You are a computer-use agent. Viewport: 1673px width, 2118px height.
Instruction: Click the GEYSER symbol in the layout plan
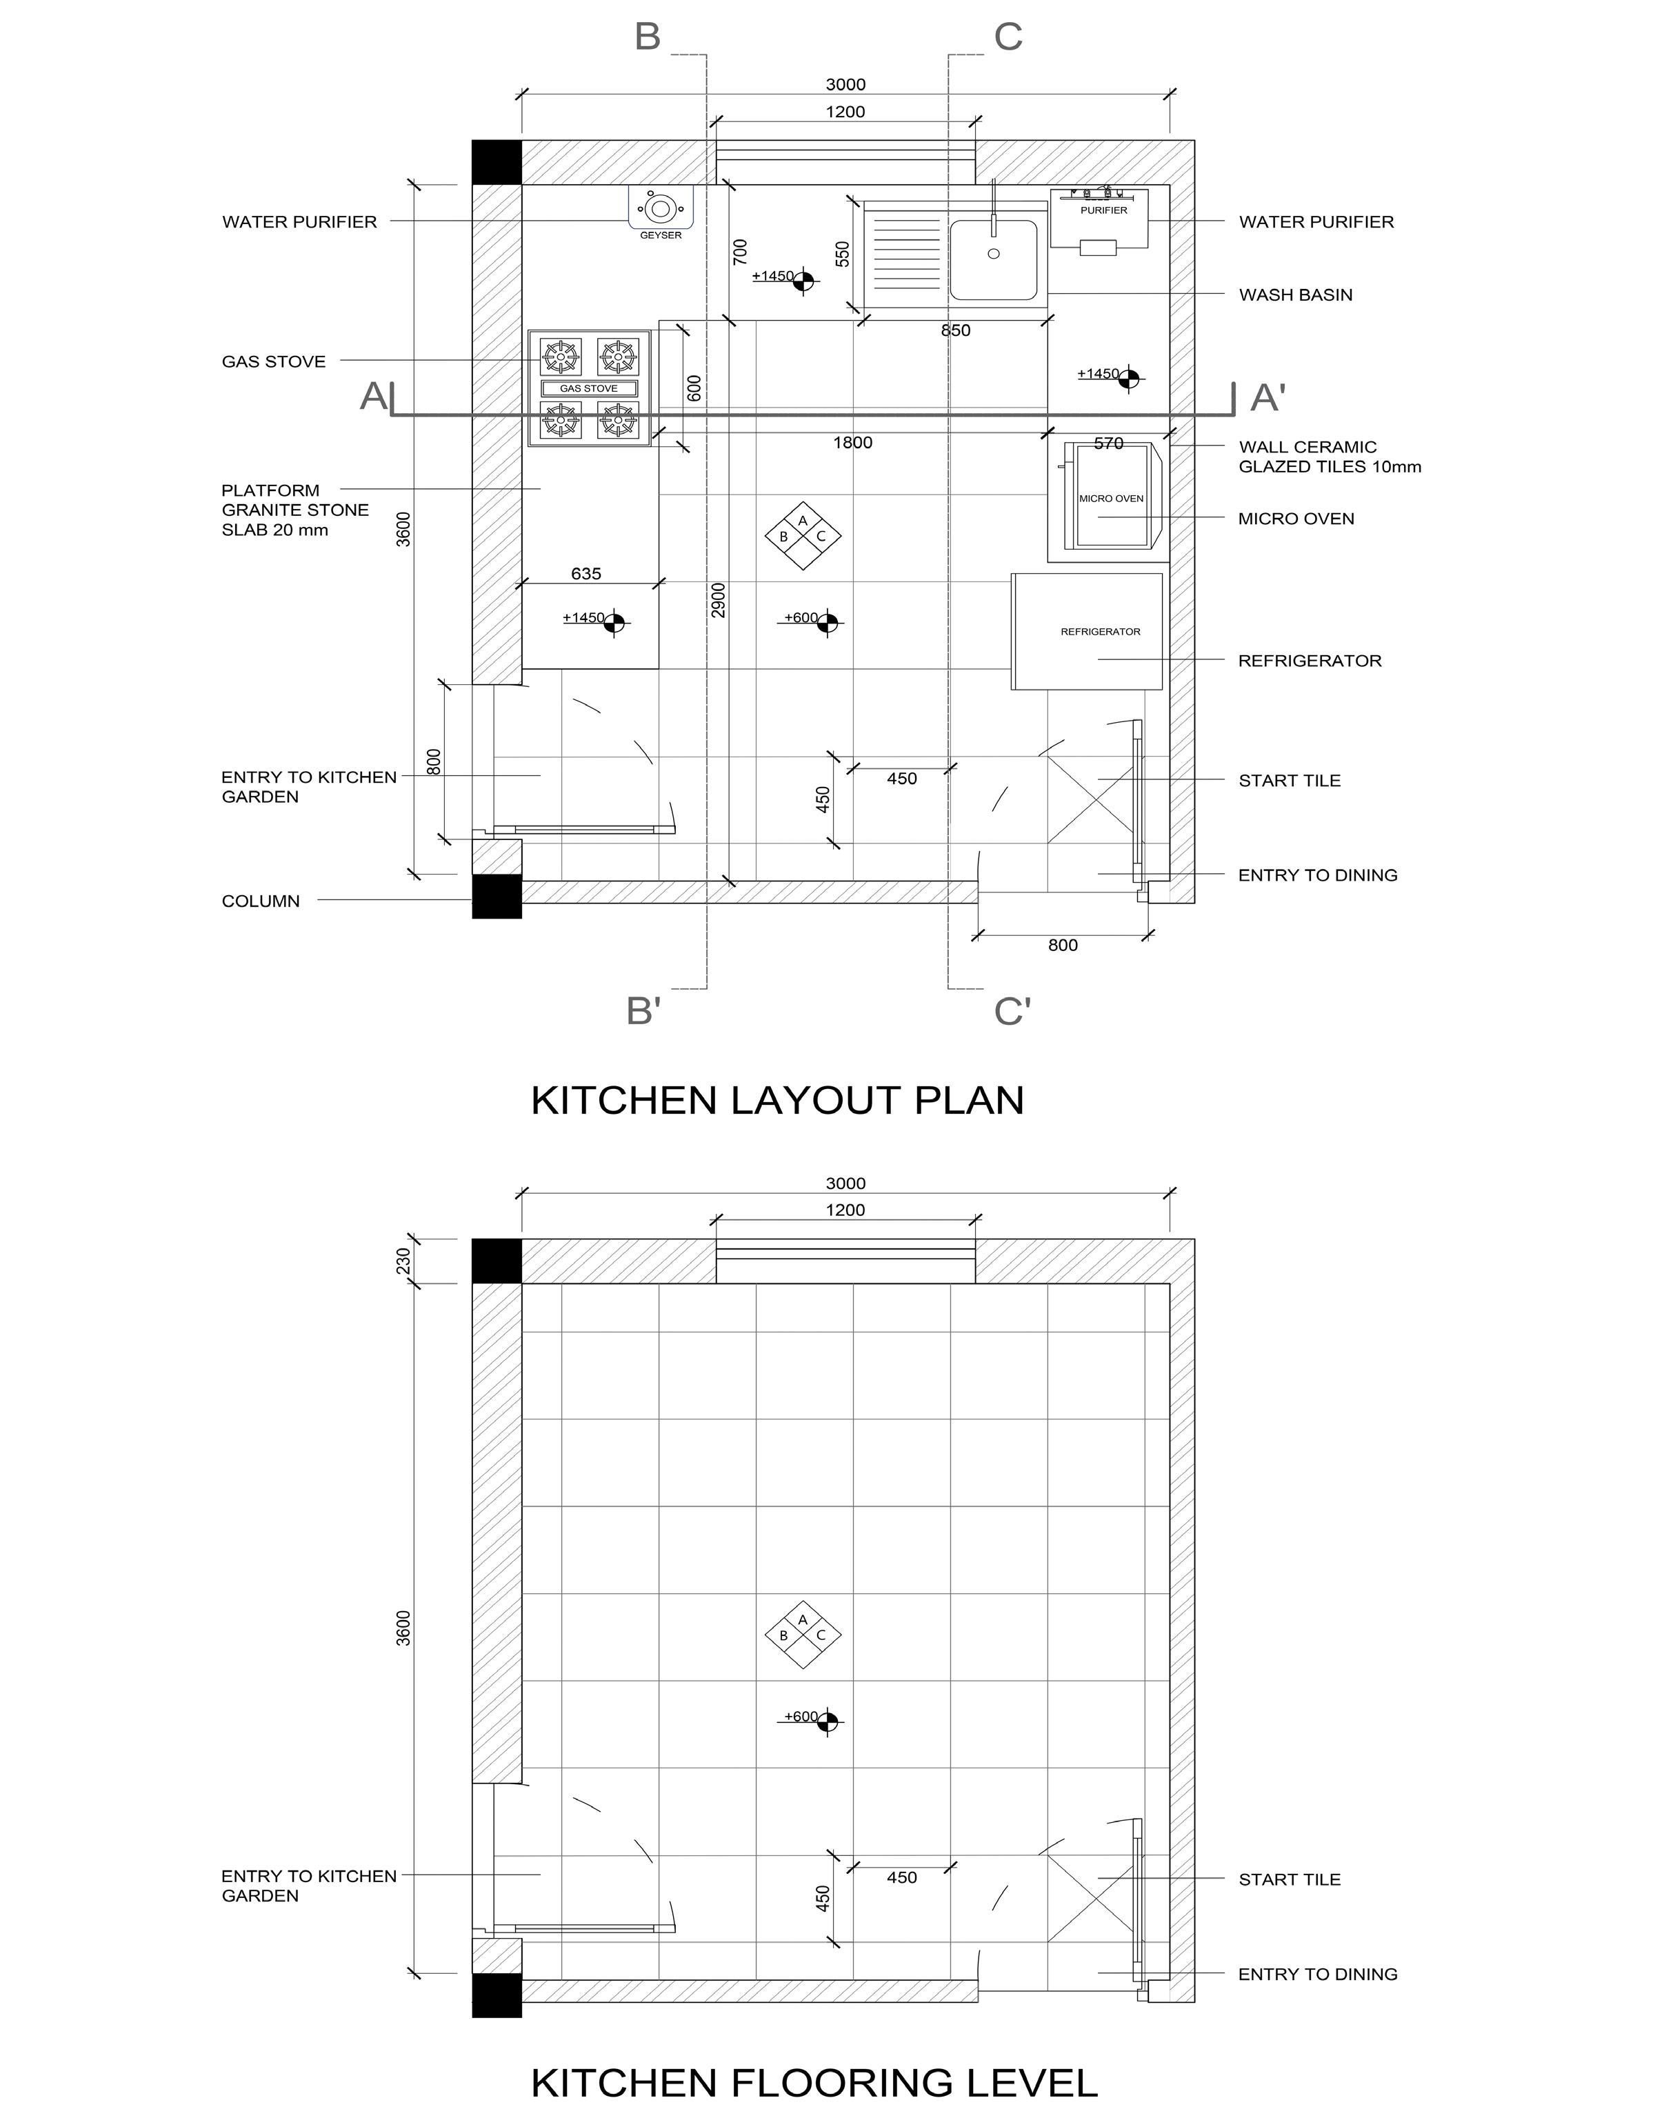click(x=660, y=209)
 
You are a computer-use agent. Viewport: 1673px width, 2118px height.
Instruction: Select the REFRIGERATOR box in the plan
click(x=1088, y=631)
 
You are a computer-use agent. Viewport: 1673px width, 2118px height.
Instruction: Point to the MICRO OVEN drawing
click(x=1111, y=499)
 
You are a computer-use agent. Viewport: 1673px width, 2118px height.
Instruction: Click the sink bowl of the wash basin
click(x=993, y=259)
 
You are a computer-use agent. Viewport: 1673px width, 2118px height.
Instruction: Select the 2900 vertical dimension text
click(x=719, y=599)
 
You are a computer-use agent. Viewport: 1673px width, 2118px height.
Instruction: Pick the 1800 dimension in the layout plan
click(x=852, y=443)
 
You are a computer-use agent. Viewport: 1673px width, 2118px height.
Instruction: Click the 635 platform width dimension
click(x=585, y=574)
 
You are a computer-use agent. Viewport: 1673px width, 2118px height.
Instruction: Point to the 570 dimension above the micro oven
click(x=1108, y=443)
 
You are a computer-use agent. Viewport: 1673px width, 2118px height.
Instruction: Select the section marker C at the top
click(x=1008, y=37)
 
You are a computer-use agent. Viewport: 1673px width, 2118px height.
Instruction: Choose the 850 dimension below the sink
click(x=955, y=331)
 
